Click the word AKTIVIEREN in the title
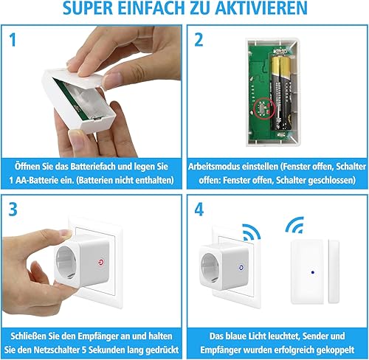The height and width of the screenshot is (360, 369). click(x=261, y=8)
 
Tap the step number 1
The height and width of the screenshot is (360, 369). click(x=13, y=40)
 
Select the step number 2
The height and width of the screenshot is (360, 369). click(x=199, y=40)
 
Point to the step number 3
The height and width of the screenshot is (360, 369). click(x=13, y=210)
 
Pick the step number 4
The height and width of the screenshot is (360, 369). click(x=199, y=210)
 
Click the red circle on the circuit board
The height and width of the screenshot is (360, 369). click(x=264, y=108)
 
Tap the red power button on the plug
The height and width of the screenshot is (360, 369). click(x=101, y=263)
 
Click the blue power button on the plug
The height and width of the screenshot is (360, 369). click(x=241, y=268)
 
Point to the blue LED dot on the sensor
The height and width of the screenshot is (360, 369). click(x=313, y=272)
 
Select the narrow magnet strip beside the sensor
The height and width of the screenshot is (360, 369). click(x=334, y=271)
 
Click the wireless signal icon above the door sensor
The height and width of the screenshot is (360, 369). click(x=295, y=225)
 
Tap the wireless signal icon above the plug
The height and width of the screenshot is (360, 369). click(x=252, y=232)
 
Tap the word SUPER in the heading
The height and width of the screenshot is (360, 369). click(x=88, y=8)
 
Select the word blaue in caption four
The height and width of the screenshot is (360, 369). click(x=236, y=336)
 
